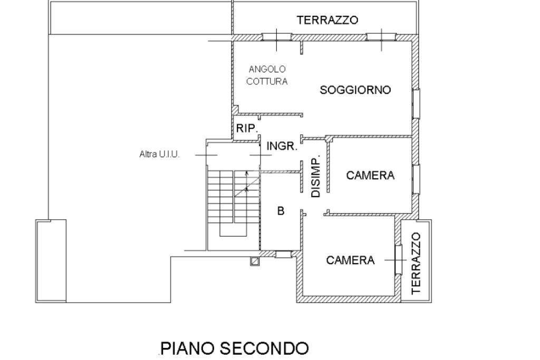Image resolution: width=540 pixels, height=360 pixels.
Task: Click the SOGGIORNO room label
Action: (355, 90)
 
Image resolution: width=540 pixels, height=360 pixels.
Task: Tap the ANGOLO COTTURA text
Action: (268, 75)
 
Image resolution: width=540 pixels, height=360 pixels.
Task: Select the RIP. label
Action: (246, 128)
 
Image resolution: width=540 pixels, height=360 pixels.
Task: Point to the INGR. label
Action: (282, 147)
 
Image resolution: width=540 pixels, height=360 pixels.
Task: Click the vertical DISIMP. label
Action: (315, 177)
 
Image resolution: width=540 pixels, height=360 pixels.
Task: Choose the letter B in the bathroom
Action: (281, 211)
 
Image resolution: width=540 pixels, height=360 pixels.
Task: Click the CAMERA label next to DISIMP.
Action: (370, 176)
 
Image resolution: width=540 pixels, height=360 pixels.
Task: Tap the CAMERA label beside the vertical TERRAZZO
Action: (350, 260)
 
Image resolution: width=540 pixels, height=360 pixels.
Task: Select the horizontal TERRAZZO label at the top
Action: (327, 20)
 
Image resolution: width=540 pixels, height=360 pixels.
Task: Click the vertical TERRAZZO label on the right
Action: (417, 262)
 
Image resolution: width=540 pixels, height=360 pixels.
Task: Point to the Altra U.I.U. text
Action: (159, 154)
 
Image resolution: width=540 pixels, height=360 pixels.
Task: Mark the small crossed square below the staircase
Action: (255, 260)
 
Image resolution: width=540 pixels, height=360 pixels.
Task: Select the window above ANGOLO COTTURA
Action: (277, 37)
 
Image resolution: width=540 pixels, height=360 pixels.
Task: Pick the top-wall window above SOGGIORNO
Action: (381, 37)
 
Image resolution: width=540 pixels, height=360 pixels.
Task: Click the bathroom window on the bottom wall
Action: (283, 255)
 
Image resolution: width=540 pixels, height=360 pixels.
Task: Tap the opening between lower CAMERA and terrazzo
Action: (398, 259)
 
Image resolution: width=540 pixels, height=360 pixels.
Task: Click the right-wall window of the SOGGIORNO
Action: (416, 103)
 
